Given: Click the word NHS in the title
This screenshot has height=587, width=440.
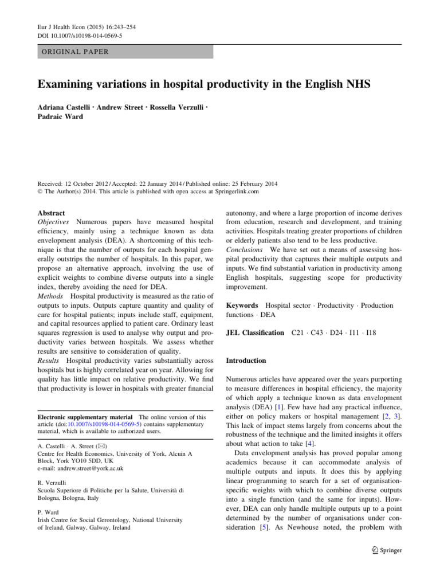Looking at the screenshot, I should click(355, 85).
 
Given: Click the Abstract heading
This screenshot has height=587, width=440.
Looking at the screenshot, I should click(53, 212).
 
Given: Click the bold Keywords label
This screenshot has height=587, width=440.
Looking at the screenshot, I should click(243, 306).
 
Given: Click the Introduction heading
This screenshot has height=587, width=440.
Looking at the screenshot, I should click(247, 361).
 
